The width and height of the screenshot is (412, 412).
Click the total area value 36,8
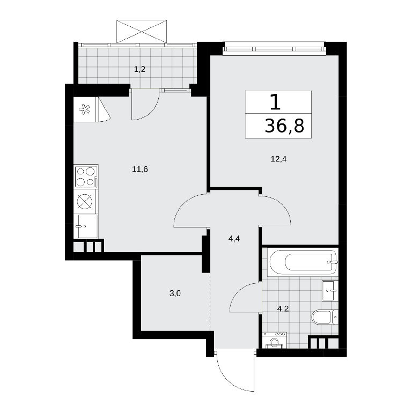[x=284, y=126]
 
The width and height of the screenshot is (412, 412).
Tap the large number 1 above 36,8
[x=275, y=102]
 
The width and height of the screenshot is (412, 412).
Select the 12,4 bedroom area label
[x=278, y=159]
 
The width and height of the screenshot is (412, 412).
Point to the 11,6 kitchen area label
[x=140, y=169]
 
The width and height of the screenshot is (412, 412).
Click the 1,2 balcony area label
[x=140, y=69]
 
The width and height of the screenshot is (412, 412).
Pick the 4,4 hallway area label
[x=234, y=239]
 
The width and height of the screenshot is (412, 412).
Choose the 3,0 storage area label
[x=175, y=293]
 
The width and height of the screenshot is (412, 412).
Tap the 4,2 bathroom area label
[x=283, y=308]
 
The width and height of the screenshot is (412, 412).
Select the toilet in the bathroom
[x=325, y=317]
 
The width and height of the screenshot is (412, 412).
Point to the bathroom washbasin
[x=330, y=290]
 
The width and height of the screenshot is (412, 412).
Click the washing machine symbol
[x=275, y=340]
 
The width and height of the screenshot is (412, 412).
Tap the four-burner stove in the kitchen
[x=86, y=176]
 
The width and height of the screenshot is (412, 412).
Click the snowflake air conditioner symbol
[x=85, y=109]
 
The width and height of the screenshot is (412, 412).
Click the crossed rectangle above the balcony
[x=142, y=31]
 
